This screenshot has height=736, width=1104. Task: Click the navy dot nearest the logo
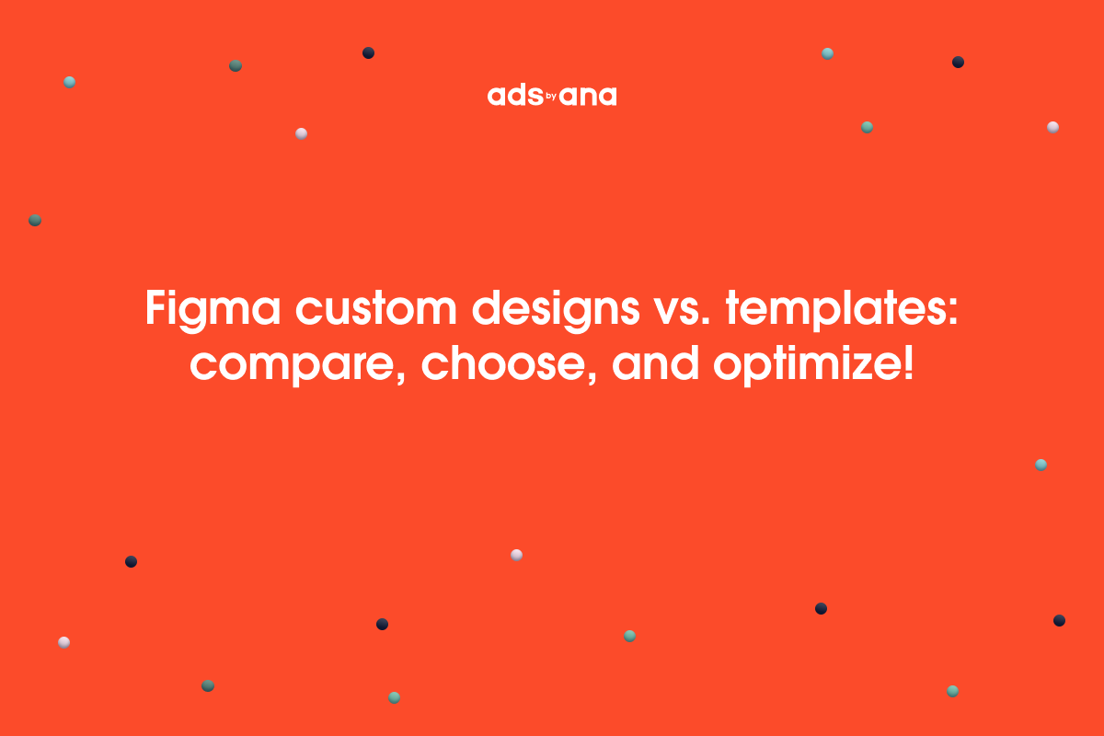(368, 53)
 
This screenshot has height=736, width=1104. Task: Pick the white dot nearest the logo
(301, 133)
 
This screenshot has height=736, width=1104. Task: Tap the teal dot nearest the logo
(827, 53)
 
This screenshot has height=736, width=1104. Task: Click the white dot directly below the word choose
(516, 555)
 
